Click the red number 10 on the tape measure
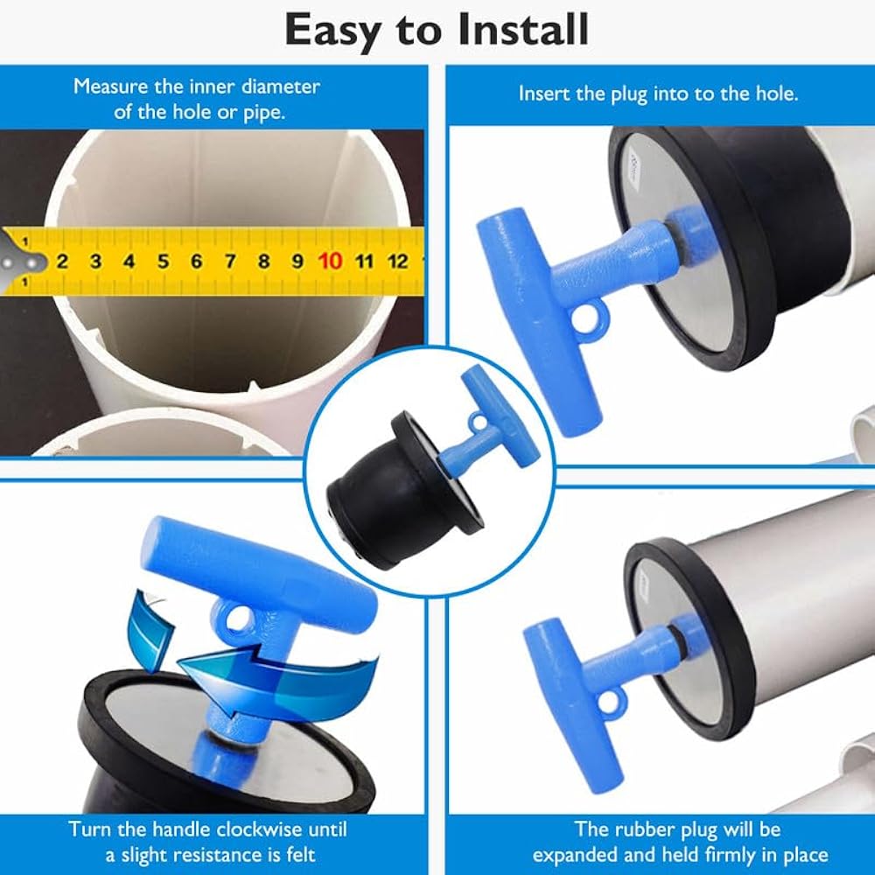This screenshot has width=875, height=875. (x=331, y=261)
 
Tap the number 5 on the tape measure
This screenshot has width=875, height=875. (x=163, y=261)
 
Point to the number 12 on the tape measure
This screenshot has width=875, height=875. (x=397, y=261)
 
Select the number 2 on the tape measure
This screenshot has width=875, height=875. (x=62, y=261)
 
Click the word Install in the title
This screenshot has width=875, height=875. (x=523, y=30)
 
